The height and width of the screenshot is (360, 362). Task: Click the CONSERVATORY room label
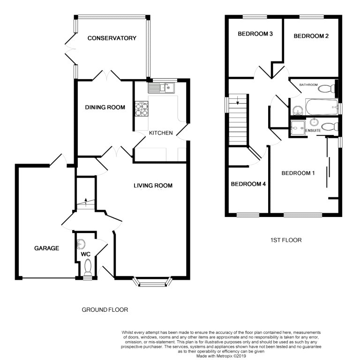112,38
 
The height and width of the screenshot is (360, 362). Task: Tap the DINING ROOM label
105,107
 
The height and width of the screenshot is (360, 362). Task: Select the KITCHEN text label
161,133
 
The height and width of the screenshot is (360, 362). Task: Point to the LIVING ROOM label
153,186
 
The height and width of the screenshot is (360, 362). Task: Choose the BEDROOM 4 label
248,184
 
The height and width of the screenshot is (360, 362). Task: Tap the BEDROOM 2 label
310,36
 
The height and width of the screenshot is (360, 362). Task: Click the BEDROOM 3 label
255,34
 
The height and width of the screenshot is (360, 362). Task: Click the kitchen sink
161,87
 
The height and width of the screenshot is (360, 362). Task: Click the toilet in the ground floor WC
87,267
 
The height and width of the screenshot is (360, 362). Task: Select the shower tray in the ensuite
297,127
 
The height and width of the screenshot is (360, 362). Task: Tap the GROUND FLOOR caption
105,310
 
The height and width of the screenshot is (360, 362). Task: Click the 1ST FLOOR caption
286,240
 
